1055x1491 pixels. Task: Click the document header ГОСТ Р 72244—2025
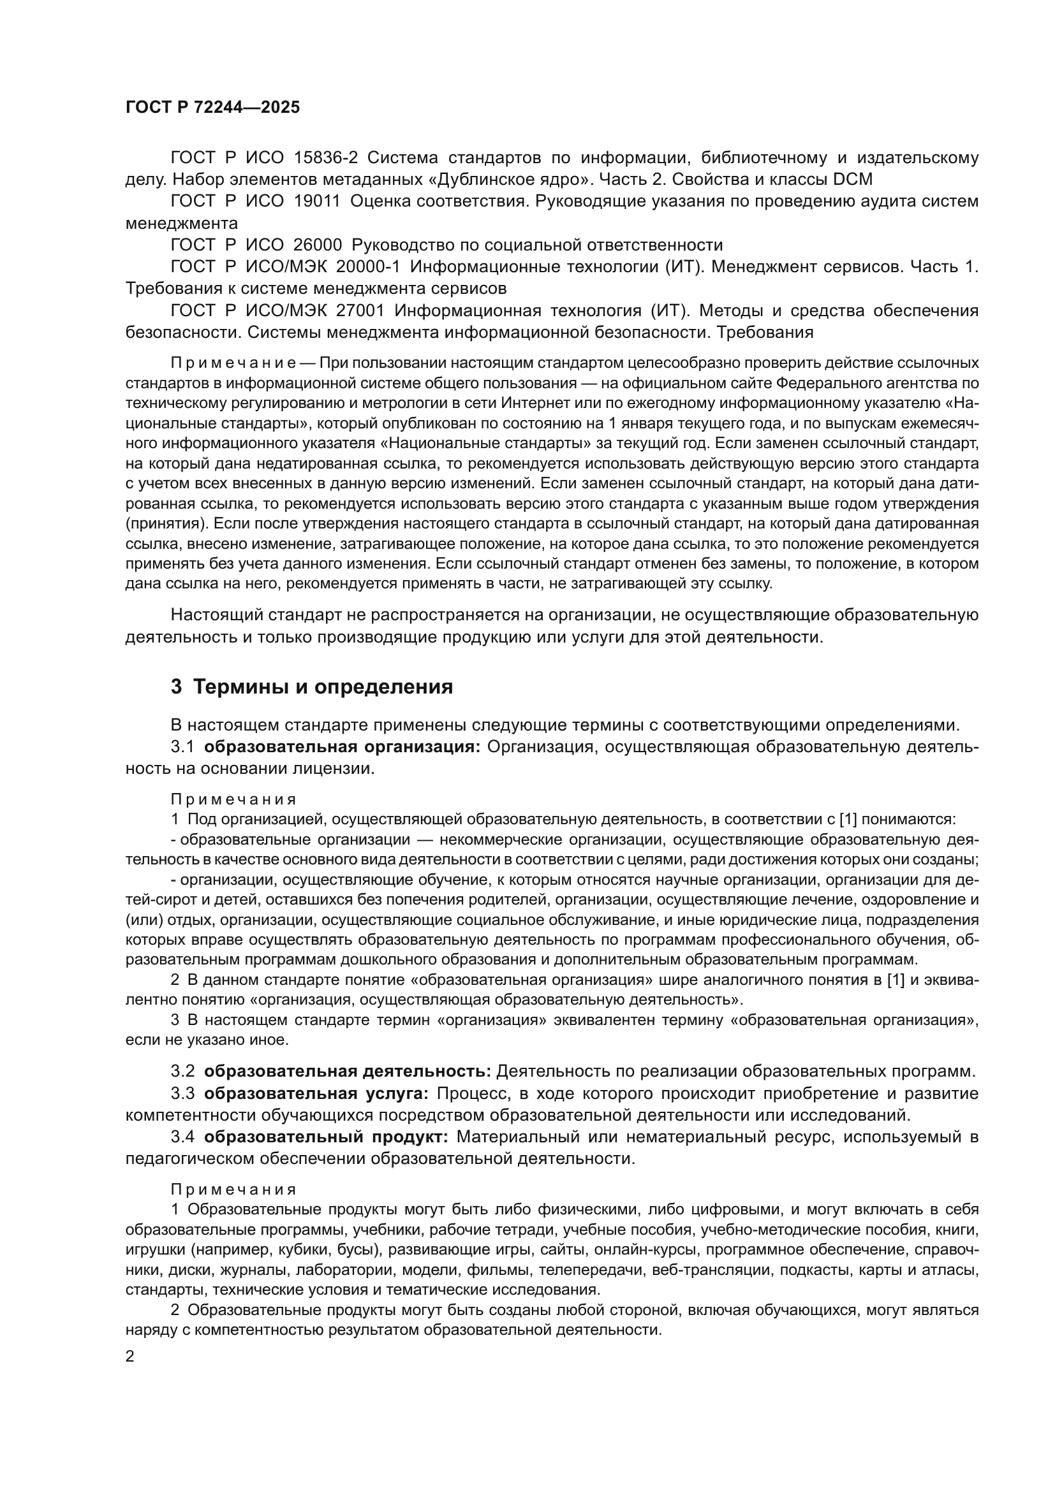point(212,108)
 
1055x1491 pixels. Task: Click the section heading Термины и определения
point(323,687)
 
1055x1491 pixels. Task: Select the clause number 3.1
point(182,747)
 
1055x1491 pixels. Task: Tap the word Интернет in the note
point(527,404)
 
